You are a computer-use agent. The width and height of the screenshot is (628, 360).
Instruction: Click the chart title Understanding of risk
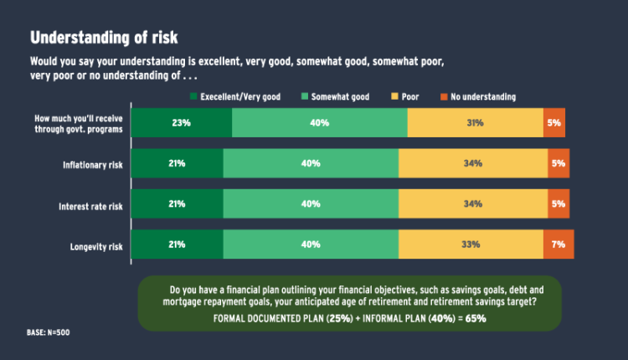(104, 38)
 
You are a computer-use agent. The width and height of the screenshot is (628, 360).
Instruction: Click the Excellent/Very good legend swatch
(194, 97)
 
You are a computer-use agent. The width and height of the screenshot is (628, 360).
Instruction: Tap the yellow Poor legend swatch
(393, 97)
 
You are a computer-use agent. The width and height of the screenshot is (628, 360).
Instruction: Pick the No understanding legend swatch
(445, 97)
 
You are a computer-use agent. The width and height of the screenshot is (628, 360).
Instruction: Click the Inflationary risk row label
(91, 164)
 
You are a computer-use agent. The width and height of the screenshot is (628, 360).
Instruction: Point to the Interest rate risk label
(91, 205)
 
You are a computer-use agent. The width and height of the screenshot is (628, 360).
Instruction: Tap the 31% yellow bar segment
(475, 123)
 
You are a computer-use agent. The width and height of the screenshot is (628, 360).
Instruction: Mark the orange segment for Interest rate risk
(559, 203)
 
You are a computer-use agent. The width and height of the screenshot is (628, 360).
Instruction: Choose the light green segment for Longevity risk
(311, 244)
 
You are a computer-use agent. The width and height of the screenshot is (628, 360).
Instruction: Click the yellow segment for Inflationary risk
(473, 163)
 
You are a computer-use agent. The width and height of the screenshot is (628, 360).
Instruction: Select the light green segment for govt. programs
(320, 123)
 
